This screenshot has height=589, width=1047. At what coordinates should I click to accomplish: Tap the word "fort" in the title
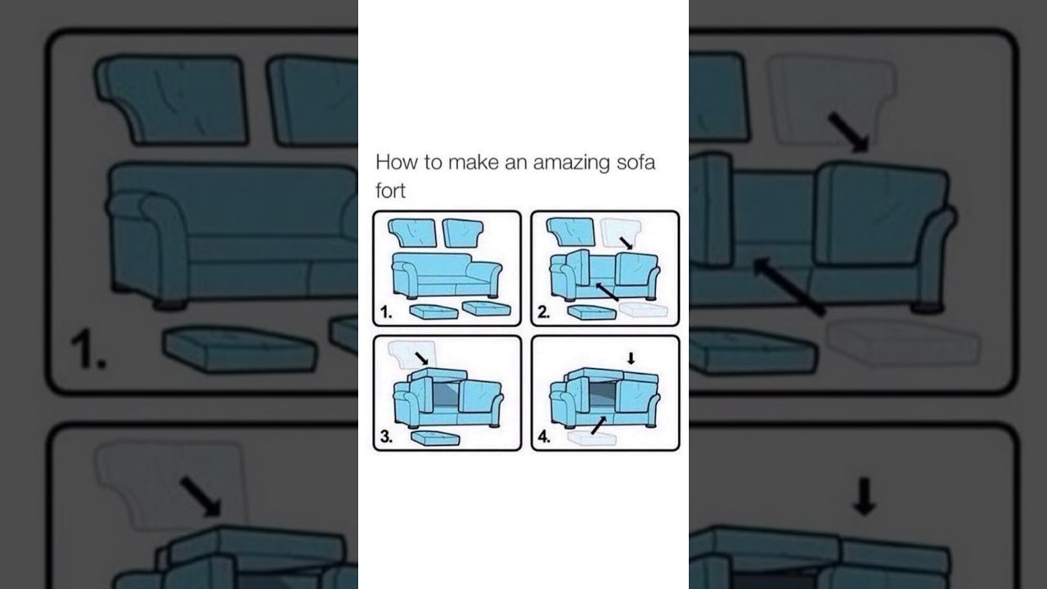click(390, 191)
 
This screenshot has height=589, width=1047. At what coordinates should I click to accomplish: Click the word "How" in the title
click(396, 162)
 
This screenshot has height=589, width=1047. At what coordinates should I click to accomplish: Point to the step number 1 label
click(386, 312)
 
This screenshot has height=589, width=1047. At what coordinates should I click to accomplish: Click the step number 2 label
click(544, 312)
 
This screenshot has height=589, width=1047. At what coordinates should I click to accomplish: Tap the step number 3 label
click(386, 437)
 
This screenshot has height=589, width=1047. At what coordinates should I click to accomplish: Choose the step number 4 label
click(544, 437)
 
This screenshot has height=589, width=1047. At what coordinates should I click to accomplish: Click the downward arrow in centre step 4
click(631, 357)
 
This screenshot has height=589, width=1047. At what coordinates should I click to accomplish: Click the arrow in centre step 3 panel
click(421, 357)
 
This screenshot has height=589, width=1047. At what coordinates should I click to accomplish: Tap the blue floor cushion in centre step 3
click(435, 438)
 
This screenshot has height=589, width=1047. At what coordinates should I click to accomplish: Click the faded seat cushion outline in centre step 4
click(591, 439)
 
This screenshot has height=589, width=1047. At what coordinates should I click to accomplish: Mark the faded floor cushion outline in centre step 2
click(644, 310)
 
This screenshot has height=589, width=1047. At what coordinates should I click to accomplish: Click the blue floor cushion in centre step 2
click(591, 312)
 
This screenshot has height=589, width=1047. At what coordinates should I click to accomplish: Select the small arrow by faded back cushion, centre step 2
click(626, 242)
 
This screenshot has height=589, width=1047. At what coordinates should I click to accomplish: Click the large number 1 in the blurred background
click(87, 351)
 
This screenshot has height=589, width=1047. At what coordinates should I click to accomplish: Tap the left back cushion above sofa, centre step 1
click(413, 232)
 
